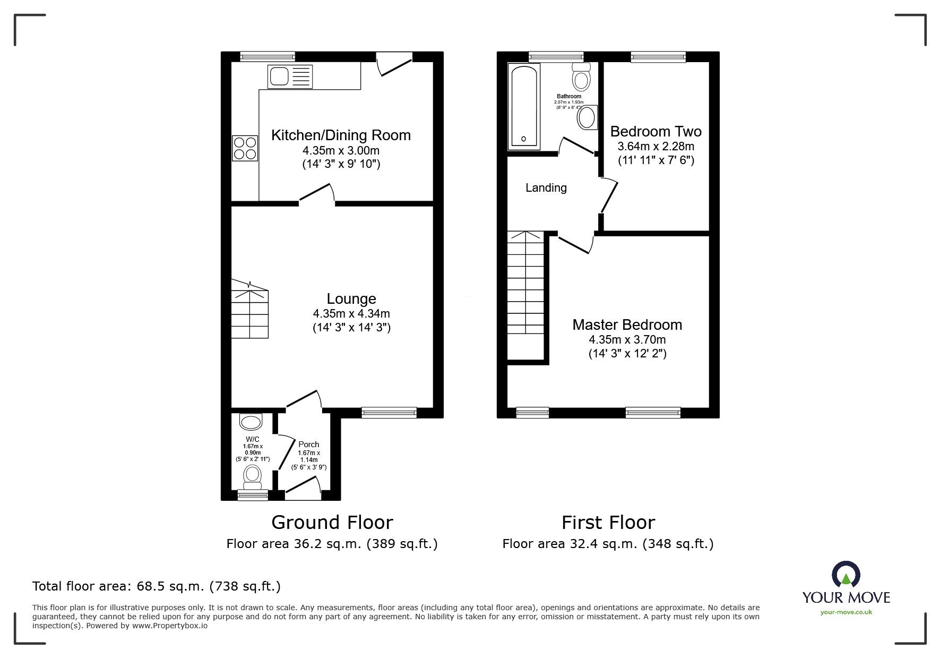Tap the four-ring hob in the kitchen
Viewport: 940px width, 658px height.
(245, 148)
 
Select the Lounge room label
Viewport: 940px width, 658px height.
(351, 299)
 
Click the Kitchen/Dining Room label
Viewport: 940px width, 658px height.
(341, 135)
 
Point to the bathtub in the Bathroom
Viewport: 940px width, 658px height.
(524, 106)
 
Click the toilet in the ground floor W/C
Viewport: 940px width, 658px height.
(253, 476)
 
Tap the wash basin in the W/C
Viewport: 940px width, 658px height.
(251, 422)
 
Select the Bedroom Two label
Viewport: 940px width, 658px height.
(656, 132)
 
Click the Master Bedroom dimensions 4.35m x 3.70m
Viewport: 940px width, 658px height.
(627, 339)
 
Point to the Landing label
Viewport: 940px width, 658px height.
(546, 187)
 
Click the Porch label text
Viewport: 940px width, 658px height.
(308, 445)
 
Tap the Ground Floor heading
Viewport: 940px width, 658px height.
(332, 523)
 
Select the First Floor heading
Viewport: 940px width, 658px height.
(608, 523)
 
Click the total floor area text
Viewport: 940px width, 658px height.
(157, 586)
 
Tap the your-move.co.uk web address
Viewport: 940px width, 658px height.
(846, 612)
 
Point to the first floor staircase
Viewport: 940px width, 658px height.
(525, 295)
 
